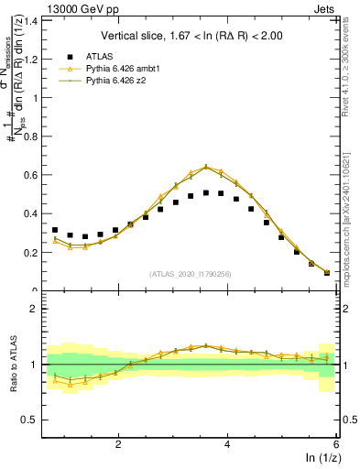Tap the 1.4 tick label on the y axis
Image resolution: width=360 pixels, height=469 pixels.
(x=29, y=19)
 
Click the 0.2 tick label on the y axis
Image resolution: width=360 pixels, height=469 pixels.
(x=29, y=252)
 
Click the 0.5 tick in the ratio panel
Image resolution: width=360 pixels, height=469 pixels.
(x=29, y=420)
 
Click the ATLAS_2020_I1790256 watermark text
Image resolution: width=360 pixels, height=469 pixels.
(x=189, y=274)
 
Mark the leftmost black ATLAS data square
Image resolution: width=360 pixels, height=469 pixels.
(x=55, y=230)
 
